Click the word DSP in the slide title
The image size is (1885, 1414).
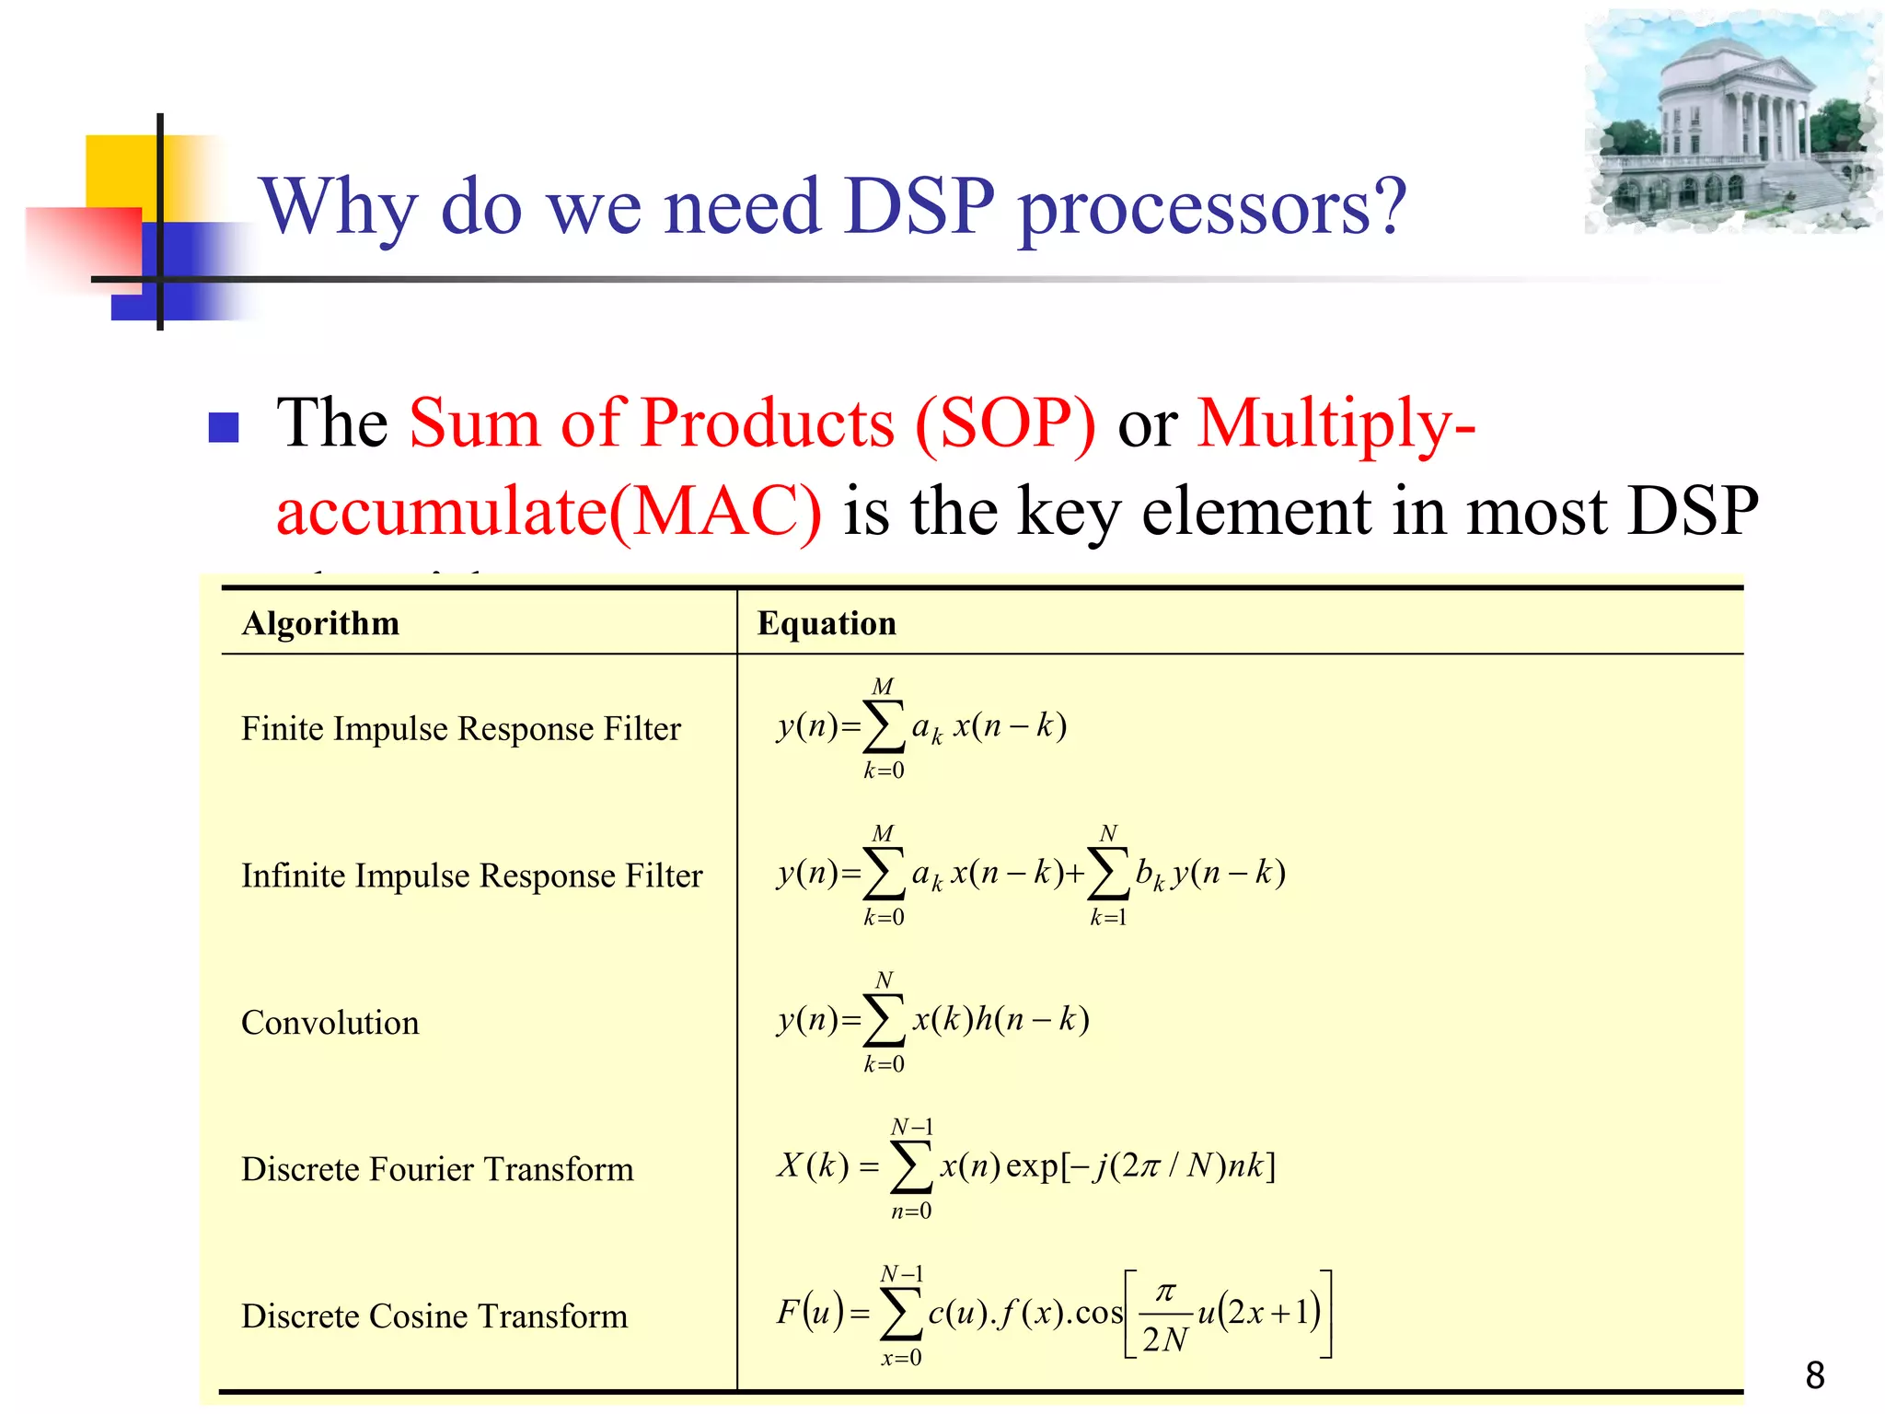(919, 206)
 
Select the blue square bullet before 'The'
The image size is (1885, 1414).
(224, 427)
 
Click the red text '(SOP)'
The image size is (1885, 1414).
(1005, 423)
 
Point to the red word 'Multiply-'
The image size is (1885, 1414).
(1336, 423)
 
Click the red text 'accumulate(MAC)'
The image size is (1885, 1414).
(549, 511)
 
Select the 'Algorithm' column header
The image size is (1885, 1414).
(320, 623)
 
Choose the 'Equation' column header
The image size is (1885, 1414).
(826, 623)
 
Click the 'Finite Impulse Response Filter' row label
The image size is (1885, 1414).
(460, 728)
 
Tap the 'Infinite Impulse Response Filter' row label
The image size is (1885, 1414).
(471, 875)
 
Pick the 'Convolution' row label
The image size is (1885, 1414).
(330, 1023)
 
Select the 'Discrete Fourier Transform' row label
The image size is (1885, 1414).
(437, 1169)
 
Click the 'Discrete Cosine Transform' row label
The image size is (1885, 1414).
(434, 1316)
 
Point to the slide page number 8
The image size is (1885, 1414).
(1814, 1376)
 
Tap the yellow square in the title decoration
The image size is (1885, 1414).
(120, 170)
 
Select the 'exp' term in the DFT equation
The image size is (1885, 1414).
(1032, 1166)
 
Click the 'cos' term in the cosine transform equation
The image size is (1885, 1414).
(1098, 1313)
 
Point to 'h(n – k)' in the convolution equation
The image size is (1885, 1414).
(1032, 1019)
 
